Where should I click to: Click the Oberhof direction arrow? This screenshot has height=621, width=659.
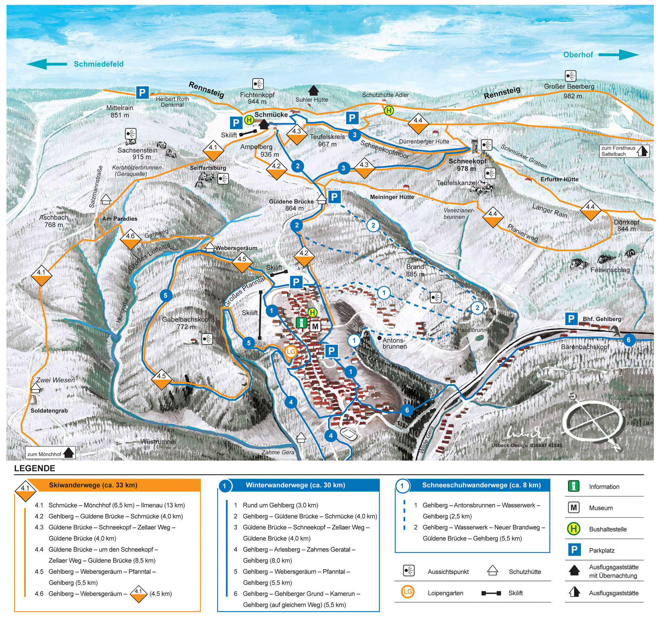618,55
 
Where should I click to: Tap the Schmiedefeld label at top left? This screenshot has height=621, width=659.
99,64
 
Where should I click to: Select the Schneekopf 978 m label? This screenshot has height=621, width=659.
468,165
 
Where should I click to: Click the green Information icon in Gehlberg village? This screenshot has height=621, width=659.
301,323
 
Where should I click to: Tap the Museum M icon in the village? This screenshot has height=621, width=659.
315,327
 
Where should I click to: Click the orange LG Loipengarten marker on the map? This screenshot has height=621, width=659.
291,352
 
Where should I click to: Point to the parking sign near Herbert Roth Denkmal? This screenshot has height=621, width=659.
142,93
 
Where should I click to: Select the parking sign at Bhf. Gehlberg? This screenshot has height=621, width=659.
571,319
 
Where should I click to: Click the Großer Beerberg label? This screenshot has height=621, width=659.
569,87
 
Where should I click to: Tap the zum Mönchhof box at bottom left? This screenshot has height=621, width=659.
50,454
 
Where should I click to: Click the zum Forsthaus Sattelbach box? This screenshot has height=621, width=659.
624,151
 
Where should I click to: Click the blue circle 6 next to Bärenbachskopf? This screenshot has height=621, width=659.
628,340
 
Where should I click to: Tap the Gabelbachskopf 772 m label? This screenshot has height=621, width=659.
186,323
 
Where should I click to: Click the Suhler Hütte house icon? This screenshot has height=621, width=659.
313,90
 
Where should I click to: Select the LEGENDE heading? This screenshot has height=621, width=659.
35,469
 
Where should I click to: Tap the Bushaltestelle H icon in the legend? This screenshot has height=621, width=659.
574,529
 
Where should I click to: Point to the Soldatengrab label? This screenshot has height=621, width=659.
49,411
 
